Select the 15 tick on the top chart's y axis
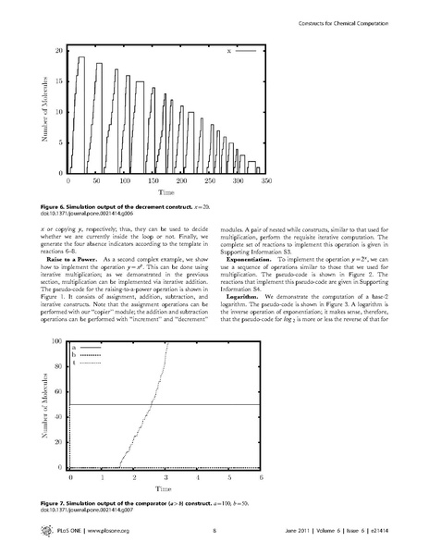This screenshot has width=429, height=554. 59,80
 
